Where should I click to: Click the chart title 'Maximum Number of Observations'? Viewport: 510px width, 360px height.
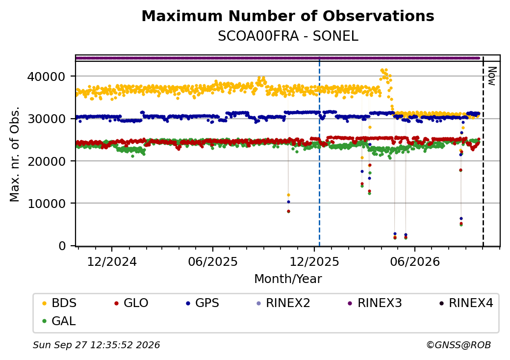[x=288, y=16]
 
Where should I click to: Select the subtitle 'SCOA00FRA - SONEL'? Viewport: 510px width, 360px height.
[x=288, y=36]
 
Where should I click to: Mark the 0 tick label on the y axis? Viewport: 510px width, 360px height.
[x=62, y=246]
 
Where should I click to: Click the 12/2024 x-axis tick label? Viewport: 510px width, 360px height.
[x=112, y=262]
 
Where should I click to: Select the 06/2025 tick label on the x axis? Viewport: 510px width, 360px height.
[x=213, y=262]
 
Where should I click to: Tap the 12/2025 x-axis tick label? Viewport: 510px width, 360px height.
[x=314, y=262]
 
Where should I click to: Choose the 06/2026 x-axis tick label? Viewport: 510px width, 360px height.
[x=415, y=262]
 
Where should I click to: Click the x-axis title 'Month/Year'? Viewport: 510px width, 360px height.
[x=288, y=279]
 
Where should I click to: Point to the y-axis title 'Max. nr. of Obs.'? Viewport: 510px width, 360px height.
[x=15, y=154]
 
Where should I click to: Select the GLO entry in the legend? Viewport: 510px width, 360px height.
[x=131, y=303]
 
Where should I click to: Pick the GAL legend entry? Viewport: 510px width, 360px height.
[x=59, y=321]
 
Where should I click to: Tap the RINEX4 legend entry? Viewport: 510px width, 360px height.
[x=466, y=303]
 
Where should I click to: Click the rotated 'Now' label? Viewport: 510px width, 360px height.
[x=492, y=76]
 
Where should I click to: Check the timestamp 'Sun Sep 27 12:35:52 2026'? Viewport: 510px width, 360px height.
[x=96, y=345]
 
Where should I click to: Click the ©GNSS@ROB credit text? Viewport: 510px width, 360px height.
[x=459, y=345]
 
